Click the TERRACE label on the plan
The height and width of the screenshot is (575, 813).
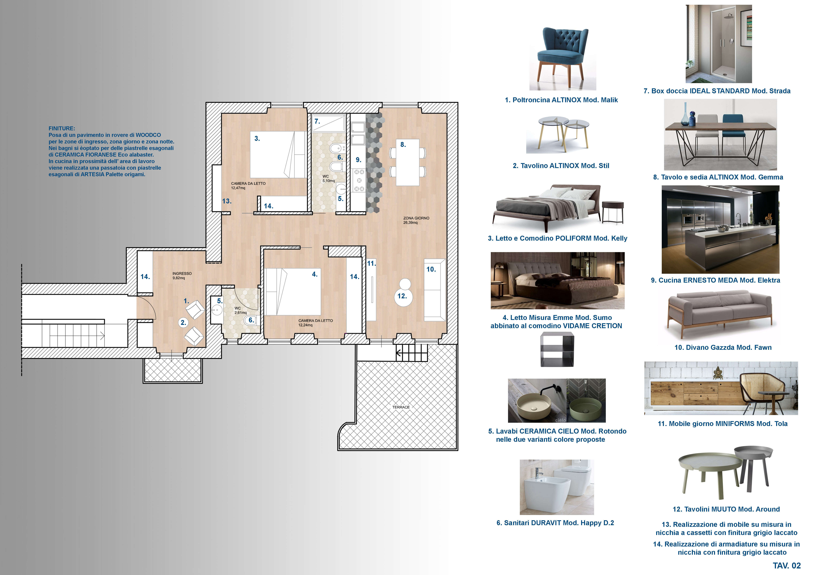click(401, 407)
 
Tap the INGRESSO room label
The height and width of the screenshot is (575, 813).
click(182, 273)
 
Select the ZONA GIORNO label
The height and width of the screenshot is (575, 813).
click(416, 218)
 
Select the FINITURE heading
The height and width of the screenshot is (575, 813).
click(62, 129)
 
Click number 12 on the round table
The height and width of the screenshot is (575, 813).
click(402, 296)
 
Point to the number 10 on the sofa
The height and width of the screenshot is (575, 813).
click(431, 269)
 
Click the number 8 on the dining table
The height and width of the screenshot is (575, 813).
click(403, 144)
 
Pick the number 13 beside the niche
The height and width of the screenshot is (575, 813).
click(227, 201)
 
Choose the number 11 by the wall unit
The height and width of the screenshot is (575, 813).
click(371, 263)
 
